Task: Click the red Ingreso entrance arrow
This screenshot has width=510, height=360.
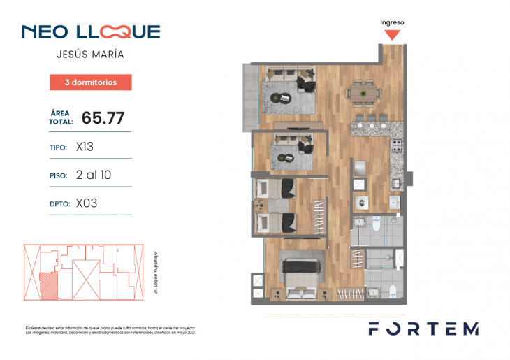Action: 393,34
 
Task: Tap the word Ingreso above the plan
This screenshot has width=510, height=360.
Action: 392,22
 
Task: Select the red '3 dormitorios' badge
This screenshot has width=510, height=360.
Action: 91,82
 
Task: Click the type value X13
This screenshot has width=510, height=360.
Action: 85,147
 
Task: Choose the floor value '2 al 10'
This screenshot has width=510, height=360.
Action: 93,175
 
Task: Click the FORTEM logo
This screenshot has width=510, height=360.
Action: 424,329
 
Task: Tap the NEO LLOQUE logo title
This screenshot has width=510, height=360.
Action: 91,31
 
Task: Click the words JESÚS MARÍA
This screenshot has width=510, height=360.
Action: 90,54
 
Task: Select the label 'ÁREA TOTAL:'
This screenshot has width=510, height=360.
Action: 61,117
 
